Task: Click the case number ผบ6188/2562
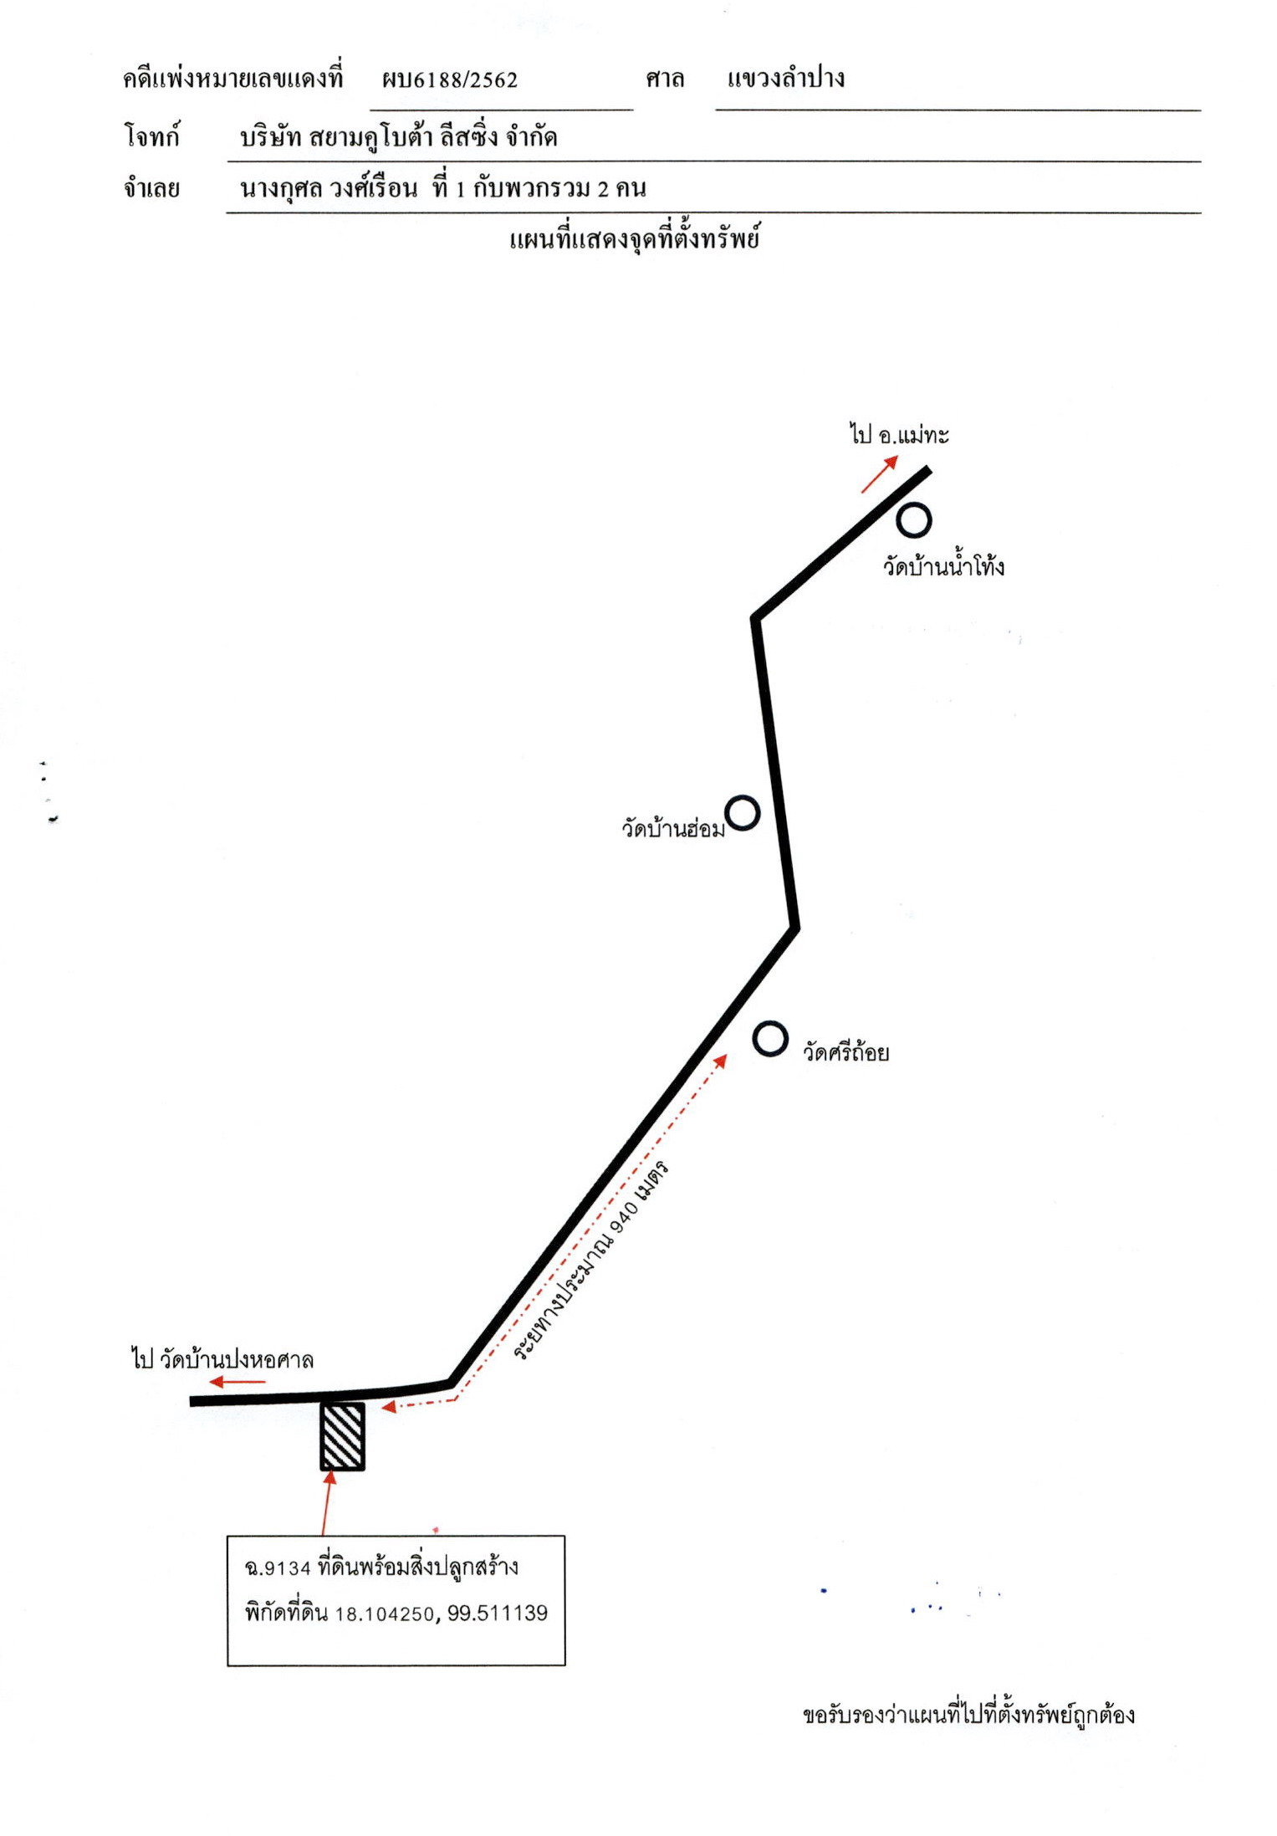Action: point(450,79)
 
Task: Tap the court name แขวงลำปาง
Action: point(785,79)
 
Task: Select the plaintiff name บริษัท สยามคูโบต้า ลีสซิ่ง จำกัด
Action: point(398,136)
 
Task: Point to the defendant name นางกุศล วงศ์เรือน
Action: point(329,187)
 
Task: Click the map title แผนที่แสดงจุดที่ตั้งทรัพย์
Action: point(634,239)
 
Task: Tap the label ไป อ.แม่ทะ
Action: point(899,434)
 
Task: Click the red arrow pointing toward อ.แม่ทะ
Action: point(880,474)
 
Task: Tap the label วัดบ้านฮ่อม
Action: point(673,827)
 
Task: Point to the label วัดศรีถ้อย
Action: point(845,1051)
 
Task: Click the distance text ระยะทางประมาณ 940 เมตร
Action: point(590,1261)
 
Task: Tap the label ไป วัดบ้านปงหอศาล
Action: point(222,1359)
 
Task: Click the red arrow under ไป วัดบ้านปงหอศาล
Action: point(238,1382)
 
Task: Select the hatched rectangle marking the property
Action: point(343,1436)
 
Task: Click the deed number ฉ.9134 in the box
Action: point(278,1568)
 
